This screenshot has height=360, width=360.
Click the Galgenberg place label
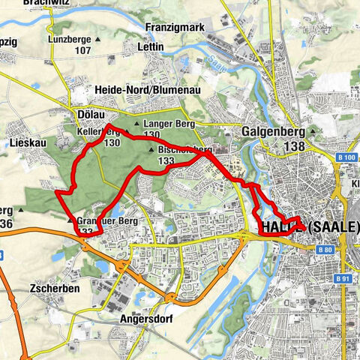point(273,132)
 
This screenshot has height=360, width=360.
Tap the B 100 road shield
point(346,157)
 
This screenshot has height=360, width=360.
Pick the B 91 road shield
point(343,279)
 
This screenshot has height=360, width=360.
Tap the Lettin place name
point(150,67)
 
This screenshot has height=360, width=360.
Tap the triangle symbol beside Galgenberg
point(311,131)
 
